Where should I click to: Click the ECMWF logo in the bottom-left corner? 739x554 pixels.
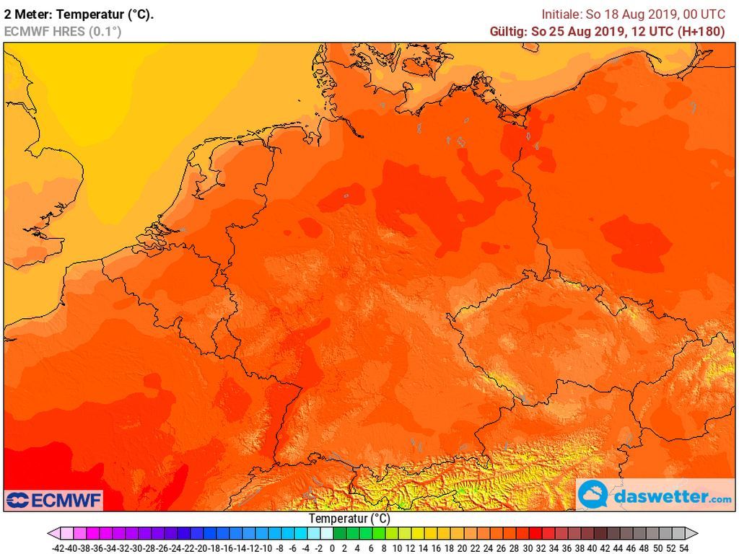(54, 500)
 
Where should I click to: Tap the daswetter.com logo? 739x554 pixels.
(655, 496)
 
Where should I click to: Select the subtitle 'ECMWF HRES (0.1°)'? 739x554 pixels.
(62, 31)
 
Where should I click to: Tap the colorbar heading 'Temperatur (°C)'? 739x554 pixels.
(349, 519)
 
